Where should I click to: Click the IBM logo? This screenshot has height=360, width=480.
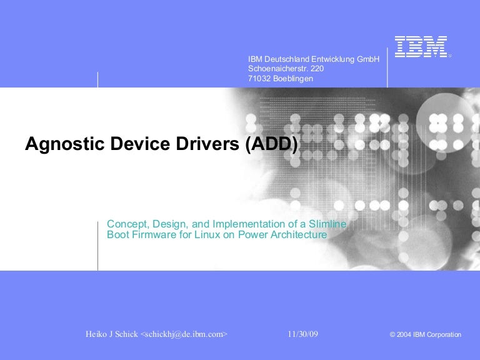421,47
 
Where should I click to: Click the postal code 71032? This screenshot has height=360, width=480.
259,79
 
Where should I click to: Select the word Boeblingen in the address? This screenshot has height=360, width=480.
293,79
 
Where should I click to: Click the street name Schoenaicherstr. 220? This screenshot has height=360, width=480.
286,69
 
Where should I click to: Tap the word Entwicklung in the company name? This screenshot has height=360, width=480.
328,59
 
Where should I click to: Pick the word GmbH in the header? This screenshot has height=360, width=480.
368,59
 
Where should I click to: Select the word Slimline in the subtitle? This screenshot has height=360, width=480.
326,224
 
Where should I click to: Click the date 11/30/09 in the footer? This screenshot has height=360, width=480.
303,334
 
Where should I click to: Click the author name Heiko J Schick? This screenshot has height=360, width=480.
112,334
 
